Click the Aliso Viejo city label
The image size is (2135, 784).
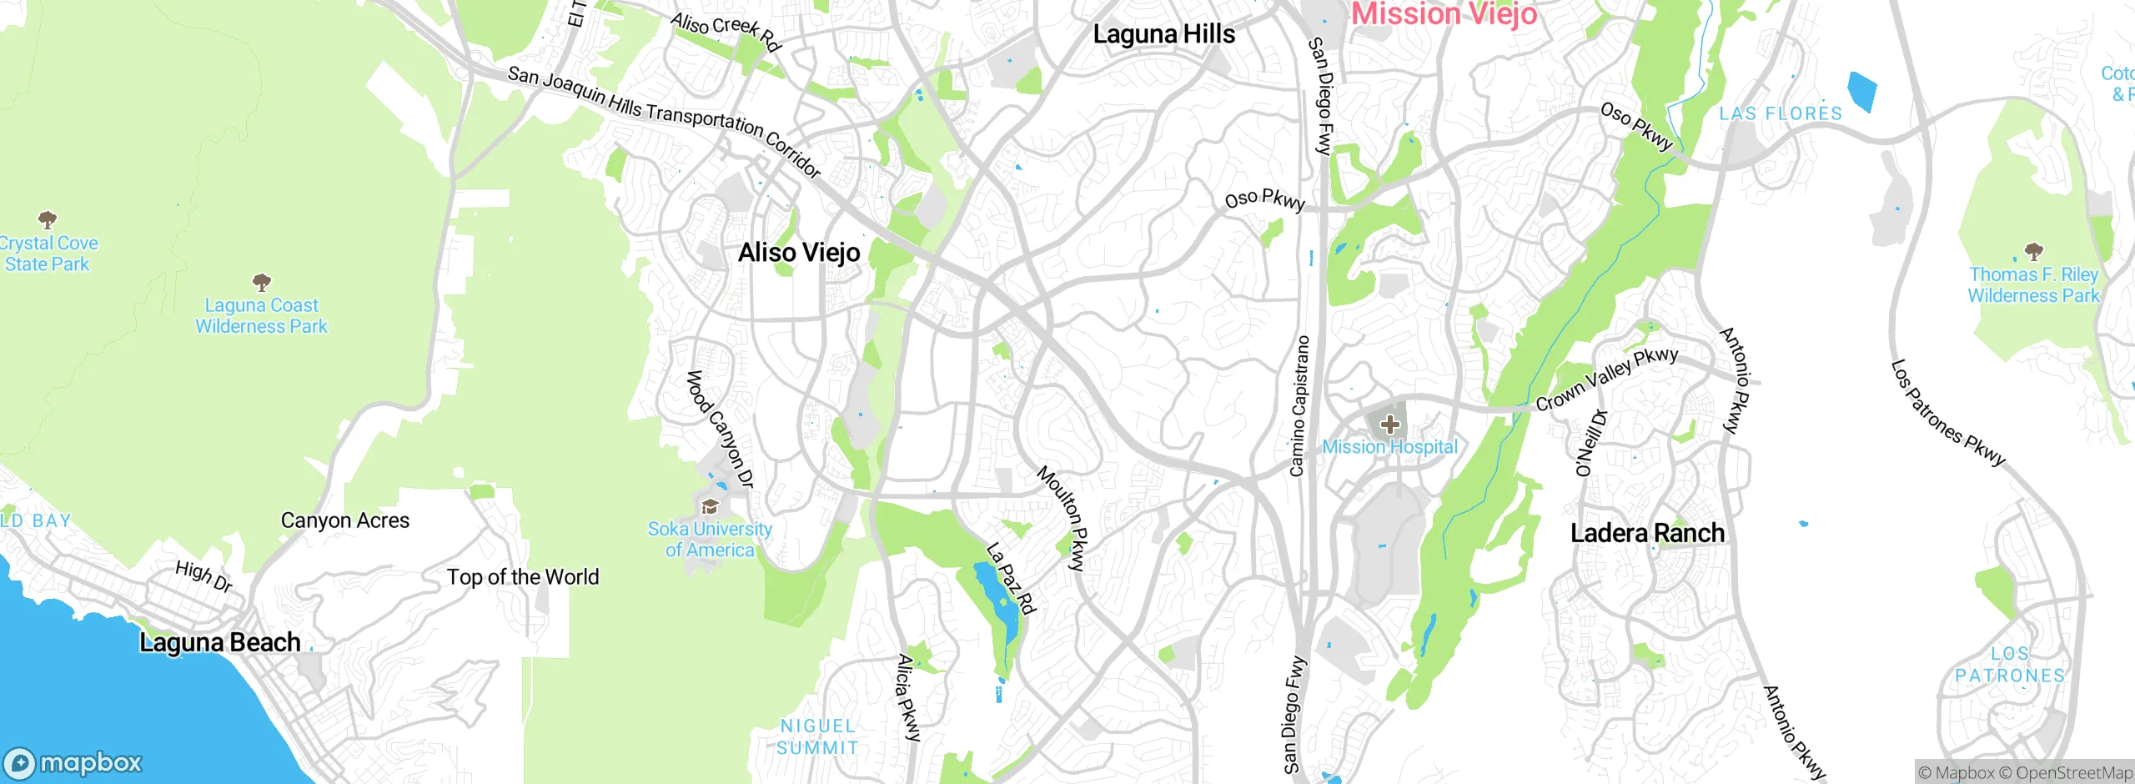(799, 252)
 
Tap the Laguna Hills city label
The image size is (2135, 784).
(1163, 34)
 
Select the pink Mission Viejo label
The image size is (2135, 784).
(1444, 13)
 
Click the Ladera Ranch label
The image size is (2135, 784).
(1647, 533)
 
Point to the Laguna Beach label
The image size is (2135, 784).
(219, 642)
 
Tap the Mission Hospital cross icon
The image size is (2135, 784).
(1389, 425)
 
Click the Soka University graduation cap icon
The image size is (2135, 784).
(710, 506)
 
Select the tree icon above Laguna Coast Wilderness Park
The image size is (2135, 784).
(261, 282)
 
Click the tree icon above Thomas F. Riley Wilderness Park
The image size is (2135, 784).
(2034, 251)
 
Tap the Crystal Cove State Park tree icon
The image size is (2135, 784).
(48, 220)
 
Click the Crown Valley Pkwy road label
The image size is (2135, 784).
(1606, 379)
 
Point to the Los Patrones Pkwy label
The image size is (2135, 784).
(1947, 413)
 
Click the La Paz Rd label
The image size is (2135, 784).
(1011, 578)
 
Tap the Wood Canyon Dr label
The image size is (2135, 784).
(720, 429)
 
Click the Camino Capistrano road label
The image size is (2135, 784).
(1299, 406)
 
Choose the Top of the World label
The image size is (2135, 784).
(523, 577)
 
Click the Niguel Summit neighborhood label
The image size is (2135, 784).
(817, 737)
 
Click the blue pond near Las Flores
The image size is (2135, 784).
(1861, 91)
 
